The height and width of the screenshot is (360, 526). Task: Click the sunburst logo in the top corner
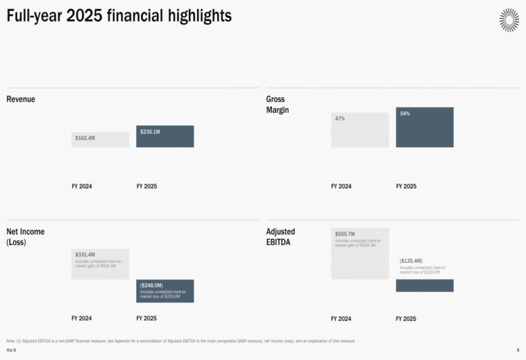(x=509, y=19)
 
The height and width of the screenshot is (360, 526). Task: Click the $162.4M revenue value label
(x=85, y=138)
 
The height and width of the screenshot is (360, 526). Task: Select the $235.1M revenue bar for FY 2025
(x=165, y=136)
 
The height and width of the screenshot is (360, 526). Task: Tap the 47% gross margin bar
(x=360, y=129)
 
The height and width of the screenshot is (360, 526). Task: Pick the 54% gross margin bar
(x=425, y=127)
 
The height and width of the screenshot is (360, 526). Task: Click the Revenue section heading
(x=21, y=99)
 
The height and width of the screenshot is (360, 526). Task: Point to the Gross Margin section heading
(x=277, y=104)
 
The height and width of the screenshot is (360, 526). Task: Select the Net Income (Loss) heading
(x=25, y=236)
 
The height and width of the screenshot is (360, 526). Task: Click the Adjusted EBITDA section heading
(x=281, y=236)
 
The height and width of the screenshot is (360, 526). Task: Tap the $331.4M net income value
(x=85, y=255)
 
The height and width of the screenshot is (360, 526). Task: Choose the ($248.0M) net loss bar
(x=165, y=291)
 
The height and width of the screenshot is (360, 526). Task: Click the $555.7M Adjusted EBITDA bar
(x=360, y=253)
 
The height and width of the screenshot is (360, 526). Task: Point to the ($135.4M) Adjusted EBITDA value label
(x=411, y=261)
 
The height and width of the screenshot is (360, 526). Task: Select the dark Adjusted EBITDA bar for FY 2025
(x=425, y=285)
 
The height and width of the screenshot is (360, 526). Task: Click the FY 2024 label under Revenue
(x=82, y=186)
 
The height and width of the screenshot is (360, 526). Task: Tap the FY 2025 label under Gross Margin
(x=406, y=186)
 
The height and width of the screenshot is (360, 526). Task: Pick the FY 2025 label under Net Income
(x=147, y=318)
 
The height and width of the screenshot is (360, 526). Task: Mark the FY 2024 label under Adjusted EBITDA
(x=341, y=318)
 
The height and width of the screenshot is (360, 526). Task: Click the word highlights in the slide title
(x=202, y=15)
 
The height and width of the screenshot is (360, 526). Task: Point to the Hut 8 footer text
(x=11, y=350)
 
